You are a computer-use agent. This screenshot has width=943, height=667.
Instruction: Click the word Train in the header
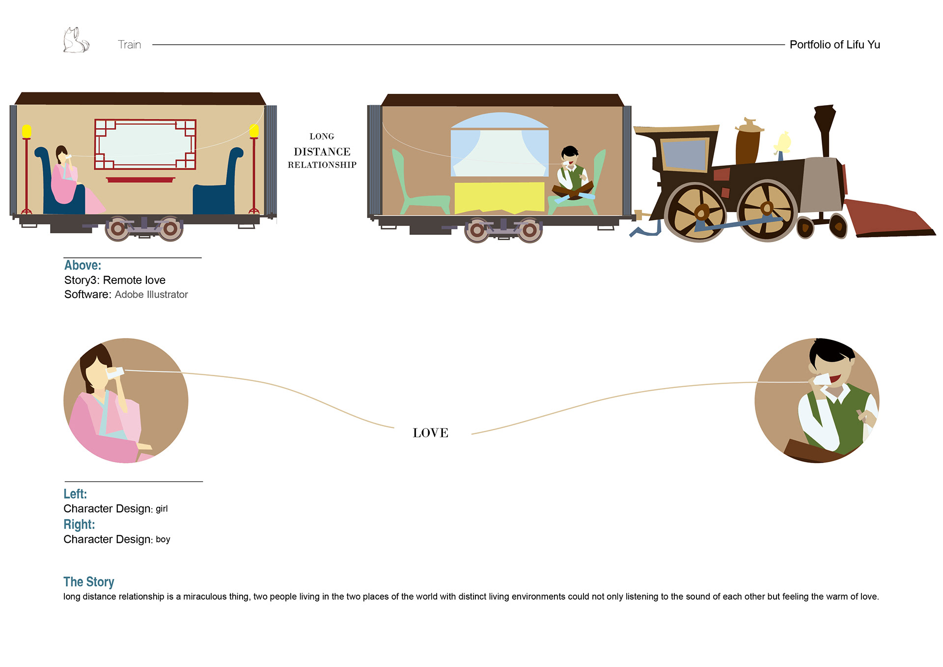pos(129,45)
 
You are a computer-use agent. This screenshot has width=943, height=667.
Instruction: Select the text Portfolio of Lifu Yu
pos(834,45)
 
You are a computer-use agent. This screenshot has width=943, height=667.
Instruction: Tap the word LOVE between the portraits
pos(430,433)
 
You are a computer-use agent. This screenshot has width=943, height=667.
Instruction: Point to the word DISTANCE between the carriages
pos(322,152)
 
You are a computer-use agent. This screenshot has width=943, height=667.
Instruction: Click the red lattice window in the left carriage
pos(145,144)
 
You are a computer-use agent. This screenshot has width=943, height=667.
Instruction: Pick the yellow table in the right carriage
pos(499,197)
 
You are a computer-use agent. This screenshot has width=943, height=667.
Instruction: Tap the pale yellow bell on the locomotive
pos(782,143)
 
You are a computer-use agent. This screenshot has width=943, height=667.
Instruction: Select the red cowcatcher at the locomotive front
pos(889,219)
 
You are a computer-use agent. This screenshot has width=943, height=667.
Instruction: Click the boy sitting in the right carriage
pos(572,174)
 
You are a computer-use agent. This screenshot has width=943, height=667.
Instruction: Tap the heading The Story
pos(89,582)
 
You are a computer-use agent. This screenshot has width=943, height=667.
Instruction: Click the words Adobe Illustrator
pos(151,295)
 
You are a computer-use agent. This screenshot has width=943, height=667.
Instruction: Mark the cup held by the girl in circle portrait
pos(115,373)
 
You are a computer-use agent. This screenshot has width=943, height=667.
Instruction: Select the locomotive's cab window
pos(684,154)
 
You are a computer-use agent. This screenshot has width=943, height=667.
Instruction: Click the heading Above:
pos(83,265)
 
